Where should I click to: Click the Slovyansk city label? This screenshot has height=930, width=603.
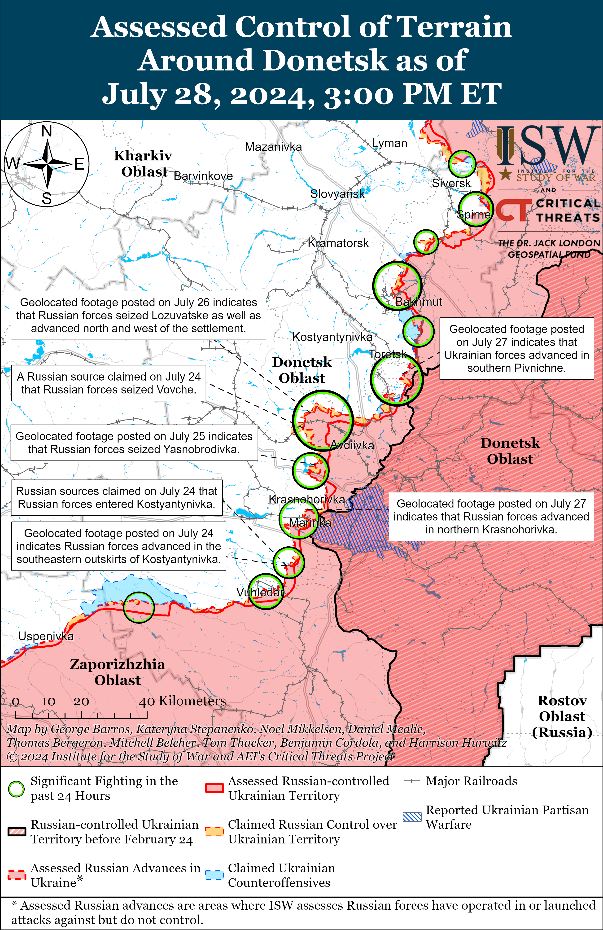337,194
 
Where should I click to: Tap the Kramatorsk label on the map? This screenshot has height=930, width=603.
338,243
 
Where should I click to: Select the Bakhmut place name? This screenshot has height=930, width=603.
419,302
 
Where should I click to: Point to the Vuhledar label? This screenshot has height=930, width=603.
260,592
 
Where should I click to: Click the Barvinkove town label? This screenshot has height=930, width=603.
203,176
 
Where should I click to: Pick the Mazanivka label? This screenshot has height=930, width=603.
273,147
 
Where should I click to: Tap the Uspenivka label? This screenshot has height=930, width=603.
46,636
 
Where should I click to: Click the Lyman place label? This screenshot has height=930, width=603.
389,143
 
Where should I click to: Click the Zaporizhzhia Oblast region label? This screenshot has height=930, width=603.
117,672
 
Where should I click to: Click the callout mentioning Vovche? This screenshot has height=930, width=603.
109,383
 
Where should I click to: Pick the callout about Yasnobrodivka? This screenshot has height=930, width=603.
134,443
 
